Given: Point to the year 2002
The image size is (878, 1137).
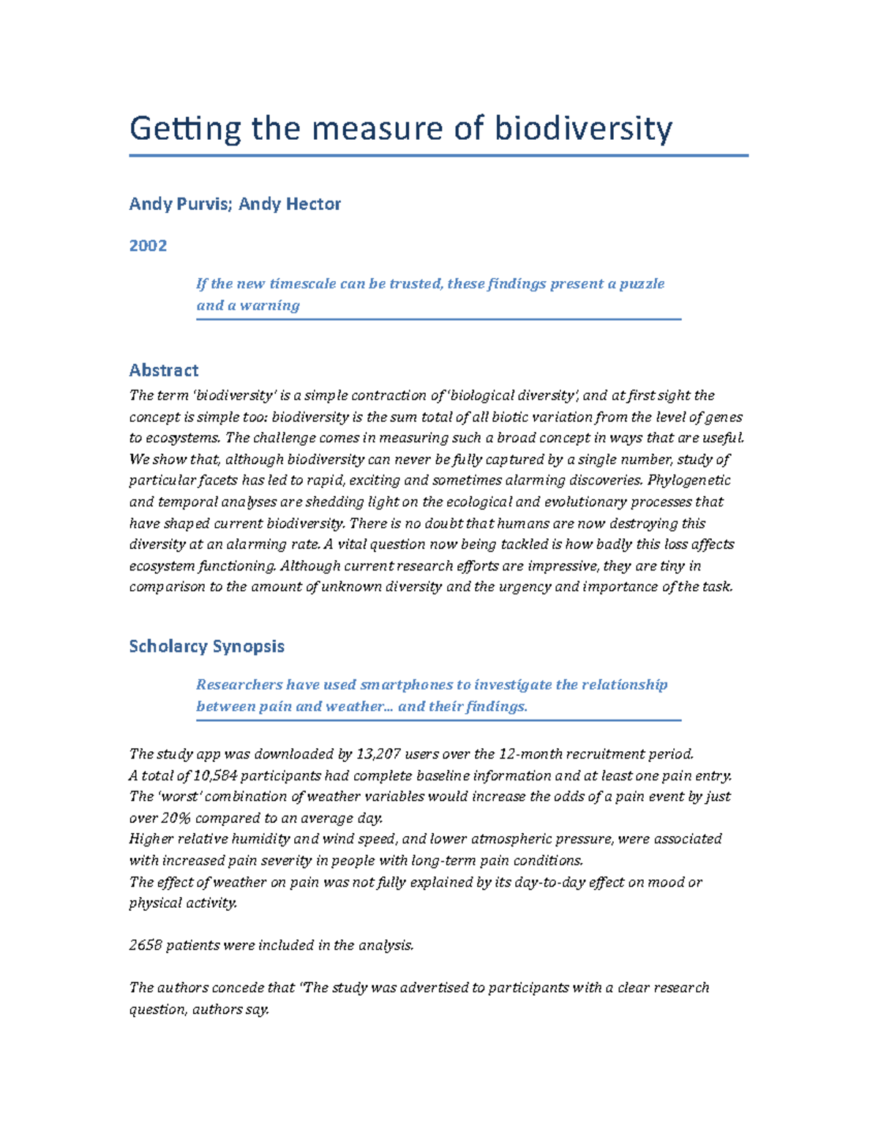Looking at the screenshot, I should [148, 245].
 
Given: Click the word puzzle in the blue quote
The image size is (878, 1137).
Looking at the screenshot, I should [642, 284].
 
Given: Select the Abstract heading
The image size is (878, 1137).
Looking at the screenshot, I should [164, 370].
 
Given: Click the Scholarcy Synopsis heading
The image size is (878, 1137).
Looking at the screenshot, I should [206, 646].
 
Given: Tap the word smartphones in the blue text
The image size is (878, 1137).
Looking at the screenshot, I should [406, 685].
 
